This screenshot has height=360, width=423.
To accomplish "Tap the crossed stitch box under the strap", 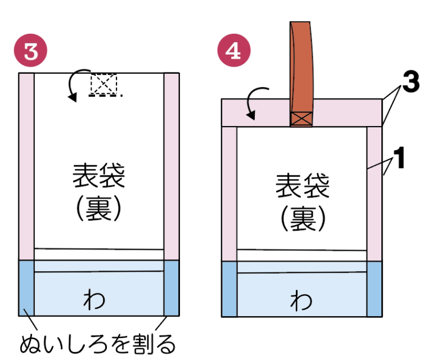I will coord(300,119).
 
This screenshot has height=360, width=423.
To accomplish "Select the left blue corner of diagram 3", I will coord(26,287).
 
